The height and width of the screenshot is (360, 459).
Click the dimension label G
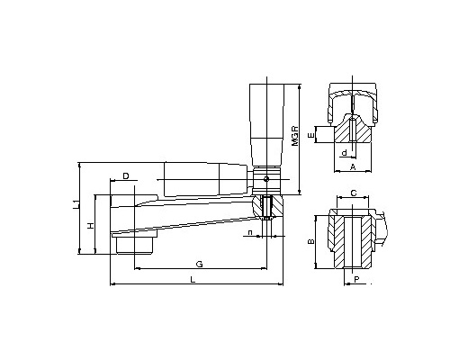click(199, 264)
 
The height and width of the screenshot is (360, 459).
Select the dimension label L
click(193, 280)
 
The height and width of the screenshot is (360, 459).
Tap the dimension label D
click(126, 175)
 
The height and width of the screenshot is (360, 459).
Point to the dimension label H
click(91, 226)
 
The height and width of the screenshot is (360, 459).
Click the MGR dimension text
click(295, 136)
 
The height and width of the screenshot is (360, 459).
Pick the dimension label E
click(311, 135)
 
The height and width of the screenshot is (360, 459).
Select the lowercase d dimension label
click(345, 153)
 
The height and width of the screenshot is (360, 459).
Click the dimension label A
click(353, 166)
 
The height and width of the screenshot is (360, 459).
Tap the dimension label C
click(354, 193)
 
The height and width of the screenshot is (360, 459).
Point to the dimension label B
click(311, 241)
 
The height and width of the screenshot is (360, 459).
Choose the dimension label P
click(356, 279)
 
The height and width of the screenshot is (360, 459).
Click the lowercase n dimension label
click(250, 232)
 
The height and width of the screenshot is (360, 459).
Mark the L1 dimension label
click(77, 204)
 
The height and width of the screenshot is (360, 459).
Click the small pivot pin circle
click(266, 179)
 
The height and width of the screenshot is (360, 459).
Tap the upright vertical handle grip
click(266, 125)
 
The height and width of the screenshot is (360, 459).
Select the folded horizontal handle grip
click(205, 179)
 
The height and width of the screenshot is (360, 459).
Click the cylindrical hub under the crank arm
click(135, 244)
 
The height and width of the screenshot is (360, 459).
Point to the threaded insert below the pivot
click(266, 208)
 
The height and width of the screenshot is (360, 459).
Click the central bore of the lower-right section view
click(353, 242)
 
